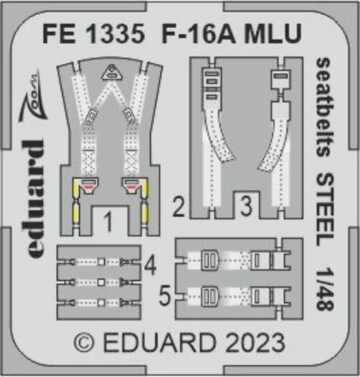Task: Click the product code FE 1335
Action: [x=94, y=33]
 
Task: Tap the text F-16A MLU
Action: [x=231, y=33]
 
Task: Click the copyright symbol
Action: [x=84, y=342]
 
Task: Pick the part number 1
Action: [x=109, y=222]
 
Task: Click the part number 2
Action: [x=178, y=207]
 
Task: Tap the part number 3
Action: [x=246, y=206]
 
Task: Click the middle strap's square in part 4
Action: [x=102, y=281]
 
